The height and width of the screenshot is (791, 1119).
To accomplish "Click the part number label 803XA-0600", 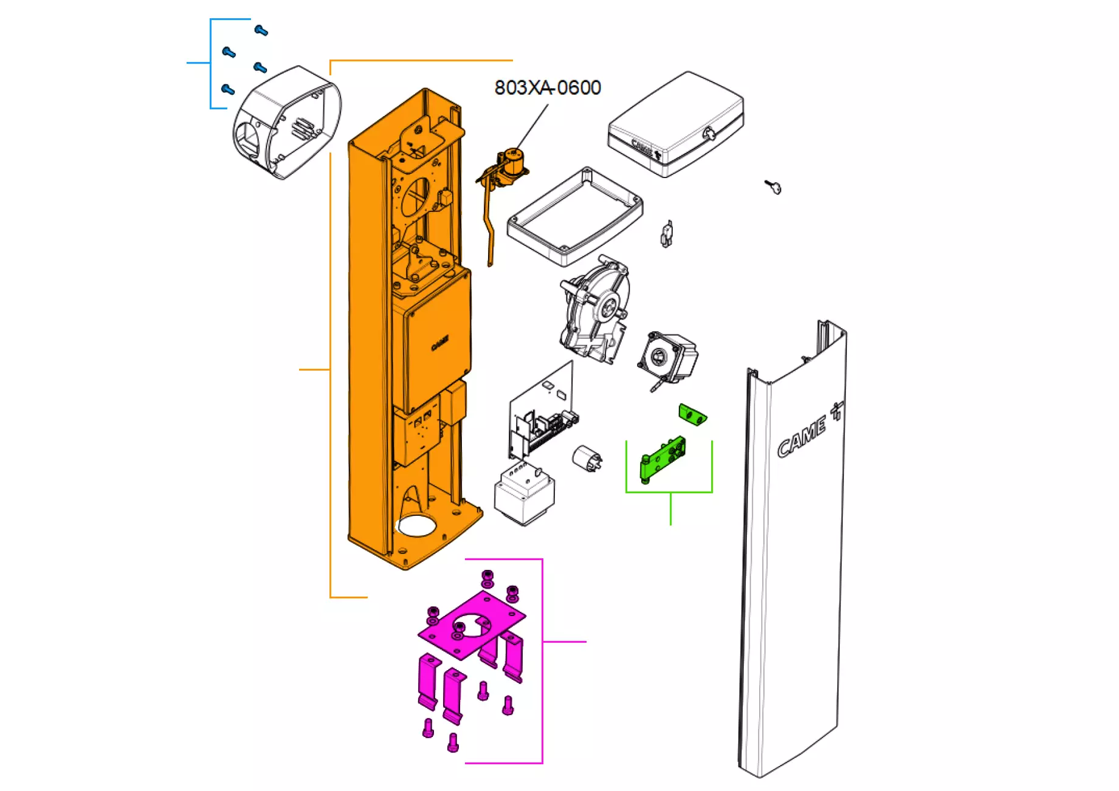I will tap(547, 88).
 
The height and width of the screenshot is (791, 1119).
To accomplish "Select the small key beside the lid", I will tap(774, 187).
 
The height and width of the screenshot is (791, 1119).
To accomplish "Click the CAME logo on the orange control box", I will tap(439, 344).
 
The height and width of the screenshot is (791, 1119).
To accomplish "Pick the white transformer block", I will tap(525, 494).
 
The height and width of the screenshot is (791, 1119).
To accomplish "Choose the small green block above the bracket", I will tap(692, 415).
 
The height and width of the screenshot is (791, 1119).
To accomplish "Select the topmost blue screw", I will tap(261, 30).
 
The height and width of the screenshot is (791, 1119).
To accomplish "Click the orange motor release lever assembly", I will tap(501, 182).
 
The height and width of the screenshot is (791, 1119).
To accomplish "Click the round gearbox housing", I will tap(596, 310).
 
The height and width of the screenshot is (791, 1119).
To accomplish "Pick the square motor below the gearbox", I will tap(667, 358).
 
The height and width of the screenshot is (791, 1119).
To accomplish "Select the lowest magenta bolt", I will tap(453, 742).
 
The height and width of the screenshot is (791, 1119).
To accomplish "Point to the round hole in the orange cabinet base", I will tap(416, 526).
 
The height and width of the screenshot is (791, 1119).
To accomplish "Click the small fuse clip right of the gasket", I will tap(667, 233).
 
